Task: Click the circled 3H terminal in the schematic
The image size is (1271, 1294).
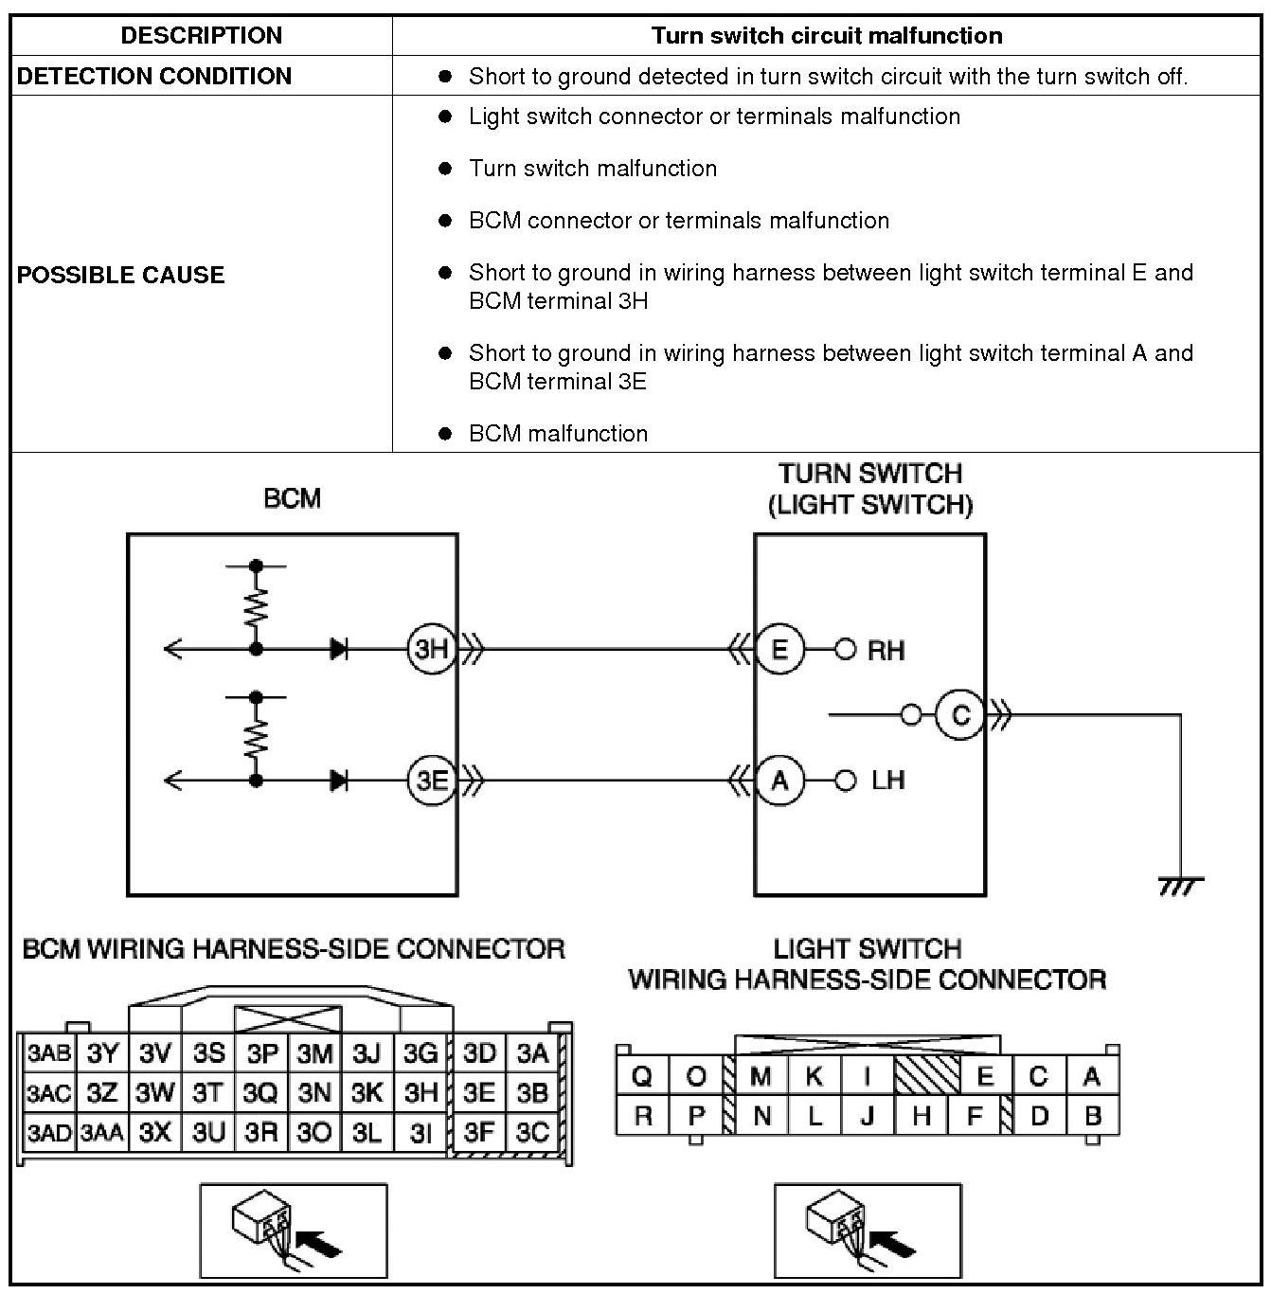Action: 432,650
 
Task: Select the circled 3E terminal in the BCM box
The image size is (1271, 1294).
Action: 432,781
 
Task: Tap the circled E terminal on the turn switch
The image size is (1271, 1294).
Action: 779,650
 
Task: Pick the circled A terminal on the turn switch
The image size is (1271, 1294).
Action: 779,781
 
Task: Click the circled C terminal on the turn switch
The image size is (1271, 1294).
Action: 959,715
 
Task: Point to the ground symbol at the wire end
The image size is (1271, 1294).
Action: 1180,885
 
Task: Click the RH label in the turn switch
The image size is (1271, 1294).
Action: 886,651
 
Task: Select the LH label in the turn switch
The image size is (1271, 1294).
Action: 887,781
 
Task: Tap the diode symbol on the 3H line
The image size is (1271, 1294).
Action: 338,650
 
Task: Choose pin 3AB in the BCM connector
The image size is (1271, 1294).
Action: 48,1053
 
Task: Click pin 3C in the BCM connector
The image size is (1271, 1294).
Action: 532,1132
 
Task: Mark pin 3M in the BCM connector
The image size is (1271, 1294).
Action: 314,1053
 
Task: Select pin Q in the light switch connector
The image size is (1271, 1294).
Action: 642,1077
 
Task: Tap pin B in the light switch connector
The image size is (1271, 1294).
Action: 1092,1116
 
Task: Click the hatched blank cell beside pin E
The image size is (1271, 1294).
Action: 926,1076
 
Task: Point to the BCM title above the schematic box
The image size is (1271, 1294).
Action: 292,499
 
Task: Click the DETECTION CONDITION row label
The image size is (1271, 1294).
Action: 154,76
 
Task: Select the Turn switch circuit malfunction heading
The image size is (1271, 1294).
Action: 826,36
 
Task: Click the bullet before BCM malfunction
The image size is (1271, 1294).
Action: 446,434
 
